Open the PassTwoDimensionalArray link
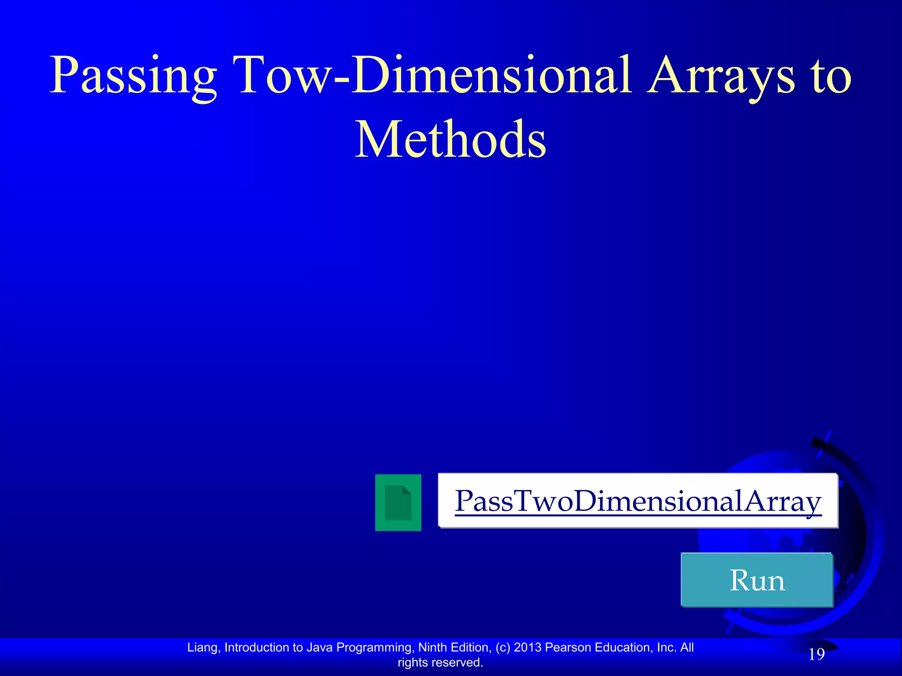click(638, 501)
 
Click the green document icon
click(398, 502)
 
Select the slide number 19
click(817, 654)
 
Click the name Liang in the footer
click(204, 647)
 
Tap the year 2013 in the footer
click(528, 647)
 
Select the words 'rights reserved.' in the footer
click(440, 662)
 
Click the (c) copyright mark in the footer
click(503, 647)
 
